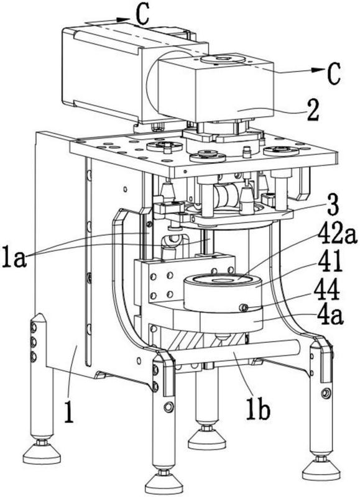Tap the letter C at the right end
333,73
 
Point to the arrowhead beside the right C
318,70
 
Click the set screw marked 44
244,307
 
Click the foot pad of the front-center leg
164,483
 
